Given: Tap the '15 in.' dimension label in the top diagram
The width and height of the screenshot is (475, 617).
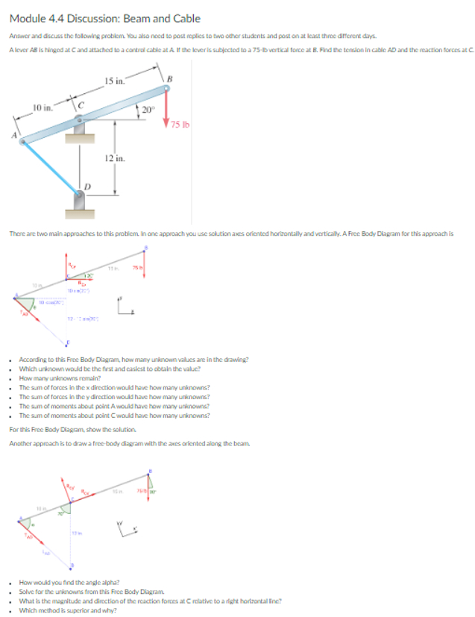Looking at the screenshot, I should pyautogui.click(x=115, y=80).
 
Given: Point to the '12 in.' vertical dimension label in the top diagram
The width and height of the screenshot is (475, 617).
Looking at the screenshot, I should pyautogui.click(x=114, y=158).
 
